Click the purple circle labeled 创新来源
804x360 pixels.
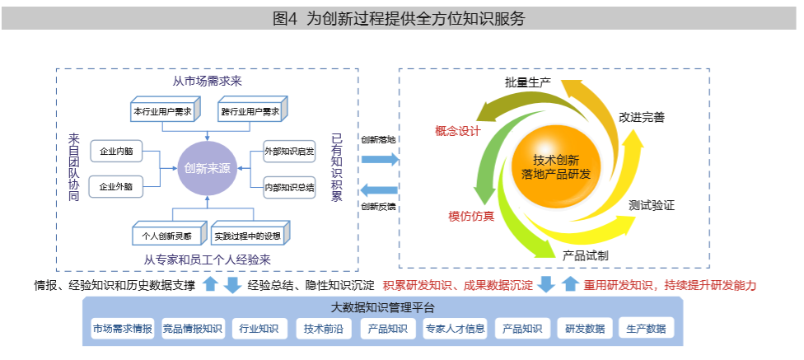coord(207,169)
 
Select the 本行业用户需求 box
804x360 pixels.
coord(162,111)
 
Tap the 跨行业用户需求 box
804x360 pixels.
coord(250,111)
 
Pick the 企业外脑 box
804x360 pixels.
coord(116,187)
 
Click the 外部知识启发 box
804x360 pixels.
coord(289,152)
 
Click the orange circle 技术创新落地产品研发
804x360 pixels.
coord(556,166)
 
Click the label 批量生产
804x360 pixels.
coord(528,83)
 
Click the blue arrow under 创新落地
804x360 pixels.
coord(379,159)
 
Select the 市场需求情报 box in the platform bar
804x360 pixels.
coord(123,329)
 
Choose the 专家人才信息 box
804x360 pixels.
coord(454,329)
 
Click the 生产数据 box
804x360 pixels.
coord(646,329)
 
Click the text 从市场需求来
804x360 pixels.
coord(207,82)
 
